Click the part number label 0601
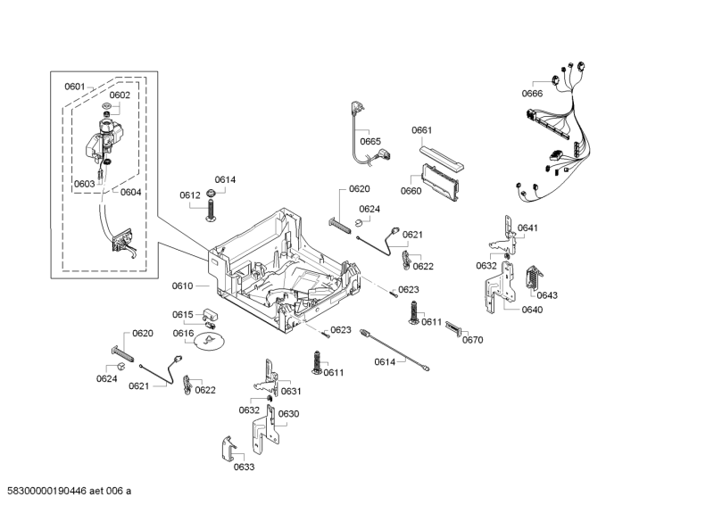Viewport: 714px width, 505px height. (x=74, y=87)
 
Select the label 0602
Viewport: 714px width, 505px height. (x=120, y=95)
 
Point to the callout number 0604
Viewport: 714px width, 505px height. (x=130, y=192)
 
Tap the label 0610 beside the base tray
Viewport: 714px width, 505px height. (x=183, y=286)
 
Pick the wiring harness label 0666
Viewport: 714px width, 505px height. (x=533, y=94)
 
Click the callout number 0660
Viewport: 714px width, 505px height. (x=411, y=191)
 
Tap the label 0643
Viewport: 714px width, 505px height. (x=547, y=295)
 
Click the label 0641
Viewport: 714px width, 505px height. (x=528, y=228)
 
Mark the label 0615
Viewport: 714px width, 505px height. (x=183, y=314)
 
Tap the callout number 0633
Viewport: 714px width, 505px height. (x=244, y=467)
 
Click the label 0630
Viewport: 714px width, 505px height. (x=288, y=414)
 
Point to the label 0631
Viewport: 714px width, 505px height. (x=291, y=392)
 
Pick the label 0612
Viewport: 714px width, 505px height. (x=189, y=195)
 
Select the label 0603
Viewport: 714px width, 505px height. (x=84, y=184)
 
